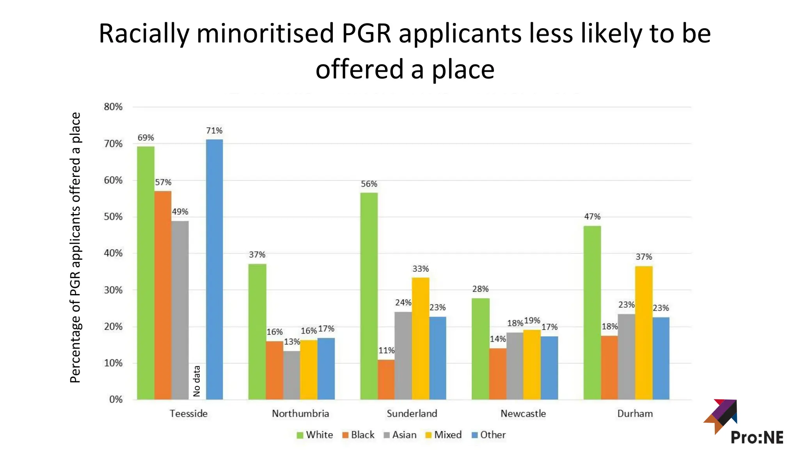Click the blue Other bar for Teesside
[214, 270]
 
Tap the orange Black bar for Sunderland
[386, 379]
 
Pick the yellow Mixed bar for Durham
[643, 333]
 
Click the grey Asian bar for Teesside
[180, 310]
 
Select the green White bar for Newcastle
[480, 349]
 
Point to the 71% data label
[214, 130]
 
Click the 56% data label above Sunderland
[369, 184]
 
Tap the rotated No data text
[197, 381]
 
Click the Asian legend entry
[400, 435]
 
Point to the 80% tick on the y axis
[113, 107]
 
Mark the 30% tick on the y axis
[113, 290]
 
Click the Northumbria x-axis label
[300, 413]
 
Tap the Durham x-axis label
[635, 413]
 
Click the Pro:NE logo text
[757, 437]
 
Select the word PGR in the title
[366, 33]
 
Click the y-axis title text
[75, 247]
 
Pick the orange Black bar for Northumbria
[274, 370]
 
